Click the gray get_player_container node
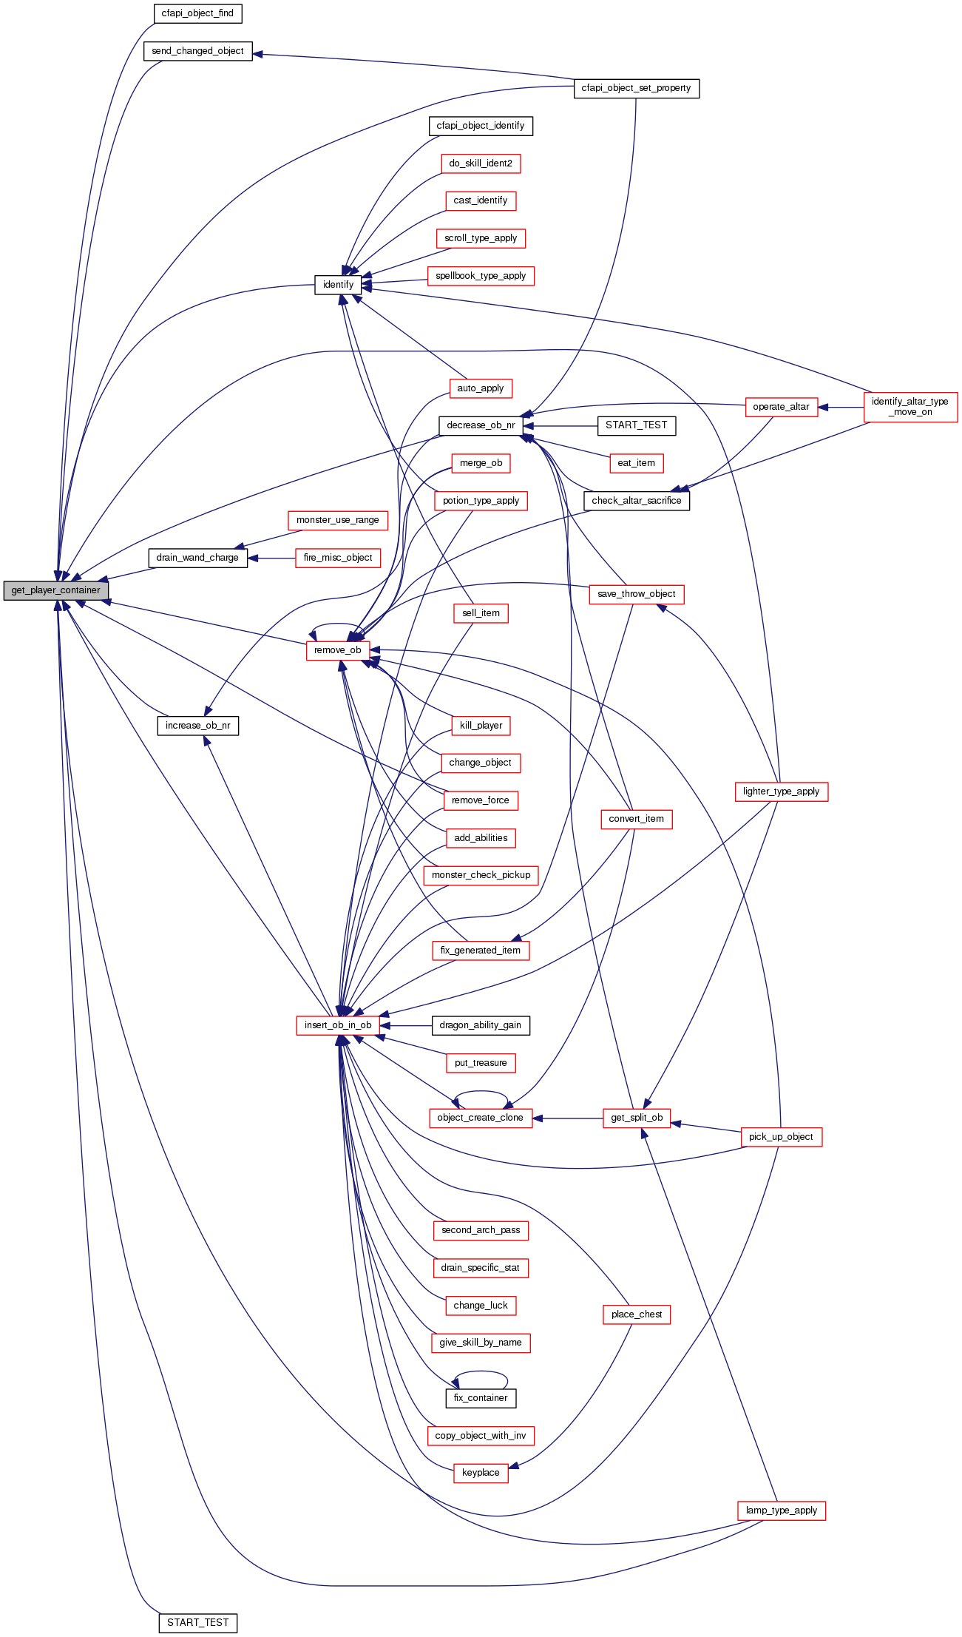click(55, 590)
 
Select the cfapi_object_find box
click(197, 13)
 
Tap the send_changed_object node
click(197, 51)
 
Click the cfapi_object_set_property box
click(636, 88)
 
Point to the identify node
click(338, 285)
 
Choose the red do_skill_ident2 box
click(481, 163)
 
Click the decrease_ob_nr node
click(481, 425)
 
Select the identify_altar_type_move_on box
click(910, 407)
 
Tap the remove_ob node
click(337, 650)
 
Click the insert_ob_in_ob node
click(338, 1025)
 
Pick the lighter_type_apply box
click(781, 792)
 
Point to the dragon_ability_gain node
click(481, 1025)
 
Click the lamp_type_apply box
click(781, 1511)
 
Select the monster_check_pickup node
click(481, 875)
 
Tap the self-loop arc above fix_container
click(481, 1374)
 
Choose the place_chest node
click(636, 1314)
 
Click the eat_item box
click(636, 463)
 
